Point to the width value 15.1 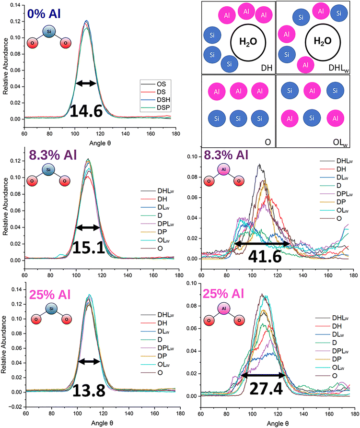(x=89, y=247)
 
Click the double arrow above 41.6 (x=262, y=244)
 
